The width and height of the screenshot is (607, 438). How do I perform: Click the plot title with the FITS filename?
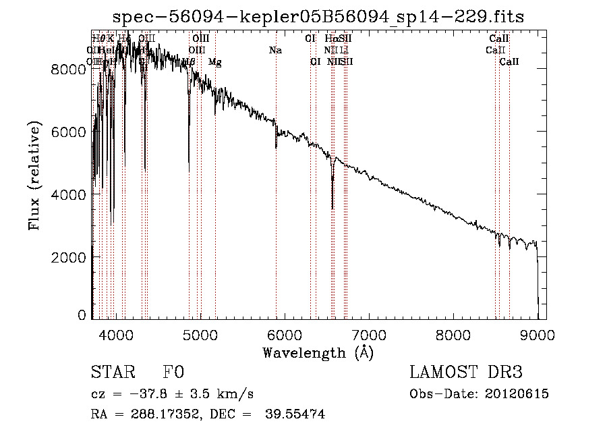pos(318,16)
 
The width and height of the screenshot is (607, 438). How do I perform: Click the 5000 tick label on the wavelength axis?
pos(200,334)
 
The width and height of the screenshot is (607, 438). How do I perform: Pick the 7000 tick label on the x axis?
pos(369,334)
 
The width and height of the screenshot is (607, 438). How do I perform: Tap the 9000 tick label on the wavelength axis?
pos(538,334)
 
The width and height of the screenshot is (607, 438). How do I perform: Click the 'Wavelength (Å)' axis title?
pos(318,352)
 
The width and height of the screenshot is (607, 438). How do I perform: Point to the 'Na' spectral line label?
pos(275,50)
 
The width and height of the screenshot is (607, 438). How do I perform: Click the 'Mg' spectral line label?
pos(214,62)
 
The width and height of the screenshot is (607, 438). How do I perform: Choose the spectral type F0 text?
pos(173,373)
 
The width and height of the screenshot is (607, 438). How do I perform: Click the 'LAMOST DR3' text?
pos(465,373)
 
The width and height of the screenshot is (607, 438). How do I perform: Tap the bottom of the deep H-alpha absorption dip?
pos(333,208)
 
